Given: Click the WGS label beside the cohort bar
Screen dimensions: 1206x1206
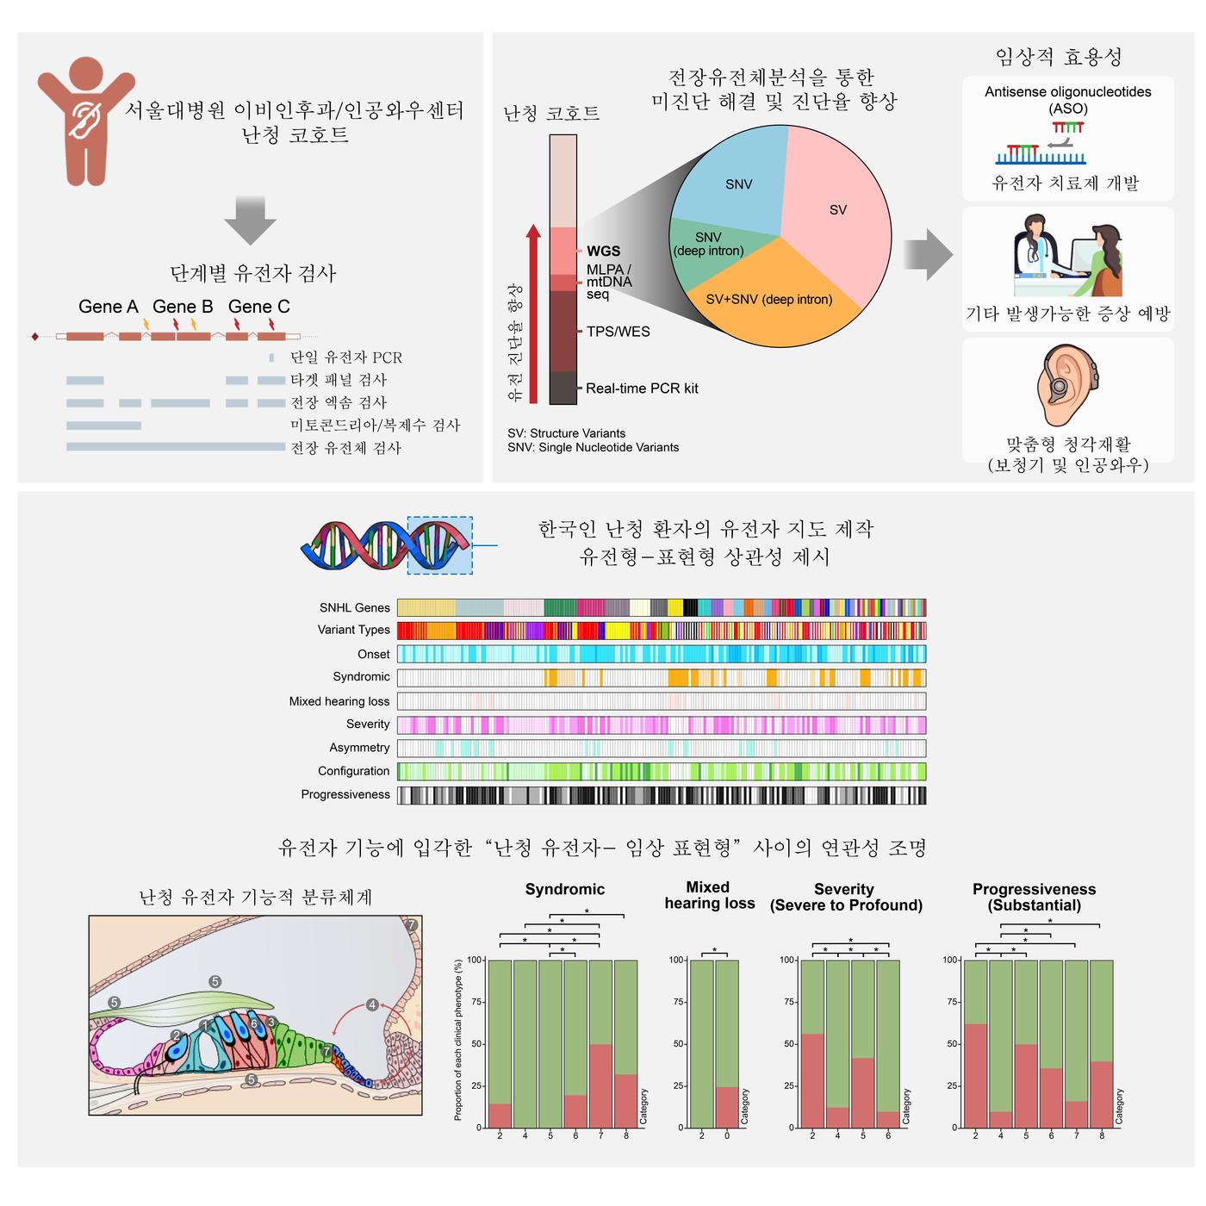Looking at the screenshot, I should click(x=603, y=251).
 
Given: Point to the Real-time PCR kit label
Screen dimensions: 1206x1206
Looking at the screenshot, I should click(x=642, y=389).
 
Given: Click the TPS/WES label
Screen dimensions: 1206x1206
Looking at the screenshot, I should click(x=618, y=332).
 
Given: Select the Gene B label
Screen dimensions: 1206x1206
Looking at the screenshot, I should click(x=183, y=307).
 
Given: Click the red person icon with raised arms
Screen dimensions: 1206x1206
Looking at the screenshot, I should click(x=85, y=121).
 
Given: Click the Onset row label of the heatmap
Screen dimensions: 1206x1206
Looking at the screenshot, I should click(x=374, y=654).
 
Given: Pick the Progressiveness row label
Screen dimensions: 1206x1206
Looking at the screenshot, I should click(x=345, y=794).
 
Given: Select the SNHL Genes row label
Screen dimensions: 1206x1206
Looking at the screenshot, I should click(x=355, y=607).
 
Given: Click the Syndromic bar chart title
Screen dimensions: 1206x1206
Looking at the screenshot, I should click(x=565, y=889).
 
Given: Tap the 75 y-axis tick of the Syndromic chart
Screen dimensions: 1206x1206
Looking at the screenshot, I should click(x=475, y=1002).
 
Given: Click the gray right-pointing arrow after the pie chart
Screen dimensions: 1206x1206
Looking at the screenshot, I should click(x=928, y=255).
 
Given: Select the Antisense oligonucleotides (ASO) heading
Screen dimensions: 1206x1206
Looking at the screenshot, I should click(x=1068, y=100).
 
